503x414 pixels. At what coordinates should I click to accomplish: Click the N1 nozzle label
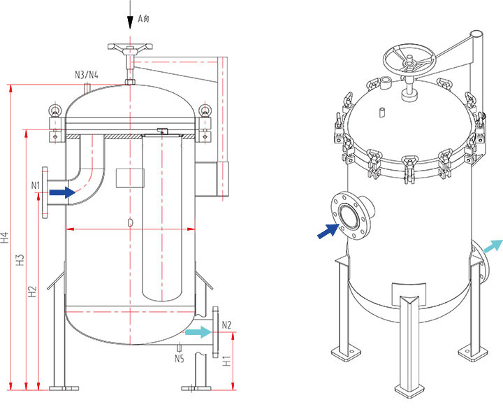[x=36, y=185]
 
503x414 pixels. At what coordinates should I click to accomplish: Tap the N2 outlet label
[x=226, y=324]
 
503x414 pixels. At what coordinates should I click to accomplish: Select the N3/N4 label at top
[x=86, y=74]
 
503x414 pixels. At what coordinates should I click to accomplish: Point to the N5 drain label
[x=180, y=359]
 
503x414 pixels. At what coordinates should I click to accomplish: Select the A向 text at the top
[x=143, y=19]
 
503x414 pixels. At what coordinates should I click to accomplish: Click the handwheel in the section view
[x=129, y=49]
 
